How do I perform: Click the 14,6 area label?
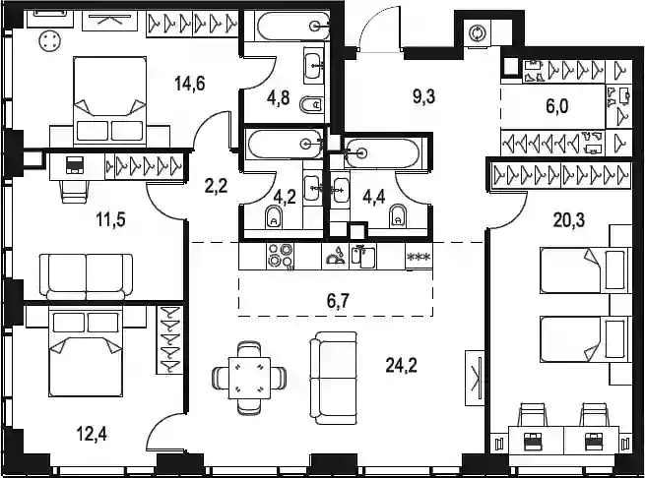click(190, 84)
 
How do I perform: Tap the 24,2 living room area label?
click(402, 365)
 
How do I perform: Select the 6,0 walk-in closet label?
click(557, 106)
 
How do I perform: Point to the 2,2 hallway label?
click(216, 186)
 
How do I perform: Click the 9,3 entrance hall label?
click(423, 97)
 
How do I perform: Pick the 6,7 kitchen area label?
click(338, 301)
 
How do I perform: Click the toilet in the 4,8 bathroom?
click(311, 105)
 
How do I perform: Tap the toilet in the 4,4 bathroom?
click(398, 215)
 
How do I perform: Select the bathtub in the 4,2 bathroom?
click(285, 144)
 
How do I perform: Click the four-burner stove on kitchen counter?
click(280, 256)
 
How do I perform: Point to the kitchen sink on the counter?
click(364, 257)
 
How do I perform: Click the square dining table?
click(249, 378)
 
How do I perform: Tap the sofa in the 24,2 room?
click(334, 378)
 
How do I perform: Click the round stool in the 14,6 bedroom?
click(50, 41)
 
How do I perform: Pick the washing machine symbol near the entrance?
click(478, 32)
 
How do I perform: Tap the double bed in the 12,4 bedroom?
click(86, 352)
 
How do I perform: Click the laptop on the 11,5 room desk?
click(75, 164)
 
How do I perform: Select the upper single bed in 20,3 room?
click(585, 270)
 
